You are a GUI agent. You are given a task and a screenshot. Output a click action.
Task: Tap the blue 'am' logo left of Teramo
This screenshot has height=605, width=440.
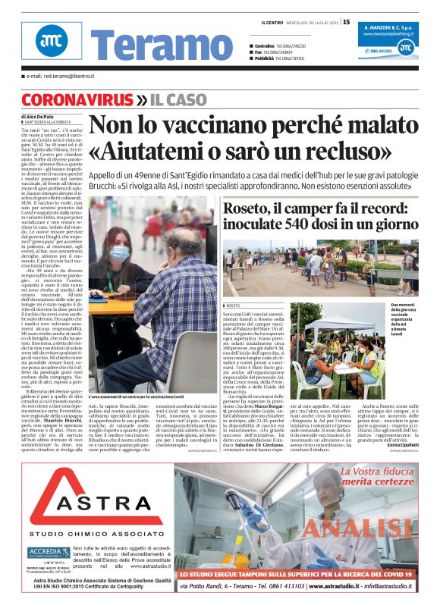(x=51, y=40)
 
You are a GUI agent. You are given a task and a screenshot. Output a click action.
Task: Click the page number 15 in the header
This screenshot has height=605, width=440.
(x=347, y=22)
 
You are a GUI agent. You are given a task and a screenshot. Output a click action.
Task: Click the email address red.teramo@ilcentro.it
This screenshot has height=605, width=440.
(x=60, y=77)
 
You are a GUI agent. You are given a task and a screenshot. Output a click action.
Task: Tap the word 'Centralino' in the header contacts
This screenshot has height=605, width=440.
(x=265, y=46)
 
